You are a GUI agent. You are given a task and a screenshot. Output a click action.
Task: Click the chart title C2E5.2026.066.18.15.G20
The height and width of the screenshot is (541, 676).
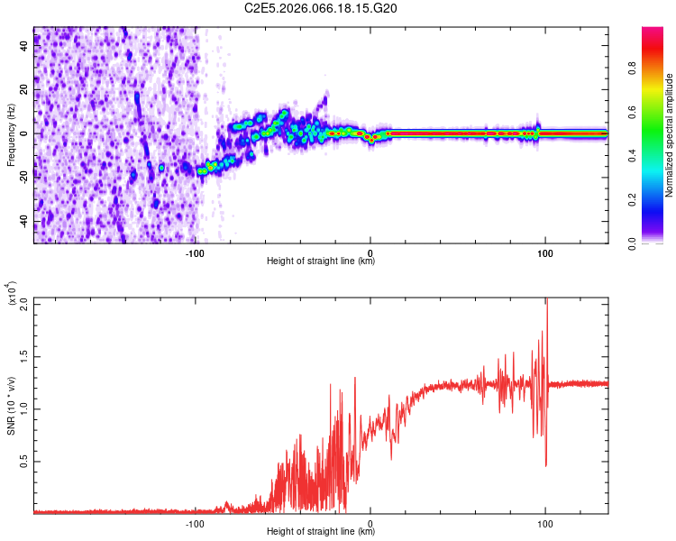[322, 8]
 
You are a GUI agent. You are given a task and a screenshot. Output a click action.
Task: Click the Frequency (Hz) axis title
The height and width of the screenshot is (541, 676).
[10, 134]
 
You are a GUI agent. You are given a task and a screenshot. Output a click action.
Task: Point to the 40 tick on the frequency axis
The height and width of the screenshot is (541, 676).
[24, 46]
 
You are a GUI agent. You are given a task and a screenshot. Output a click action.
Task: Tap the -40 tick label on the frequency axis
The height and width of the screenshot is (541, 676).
[23, 222]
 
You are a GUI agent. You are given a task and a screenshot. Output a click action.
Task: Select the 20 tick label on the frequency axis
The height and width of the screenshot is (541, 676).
[24, 90]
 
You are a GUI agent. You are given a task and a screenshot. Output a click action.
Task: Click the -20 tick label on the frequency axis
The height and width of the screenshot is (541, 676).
[23, 178]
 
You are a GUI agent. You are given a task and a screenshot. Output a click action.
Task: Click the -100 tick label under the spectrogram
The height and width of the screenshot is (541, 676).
[196, 253]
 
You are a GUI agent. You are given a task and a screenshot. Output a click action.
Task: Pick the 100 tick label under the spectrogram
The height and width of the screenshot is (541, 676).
[544, 253]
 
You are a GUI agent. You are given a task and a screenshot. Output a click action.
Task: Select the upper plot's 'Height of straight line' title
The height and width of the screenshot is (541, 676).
[321, 262]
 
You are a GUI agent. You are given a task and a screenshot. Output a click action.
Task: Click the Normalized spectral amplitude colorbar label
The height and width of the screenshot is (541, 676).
[670, 134]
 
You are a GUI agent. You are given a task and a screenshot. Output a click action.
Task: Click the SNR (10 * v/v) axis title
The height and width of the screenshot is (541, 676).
[12, 406]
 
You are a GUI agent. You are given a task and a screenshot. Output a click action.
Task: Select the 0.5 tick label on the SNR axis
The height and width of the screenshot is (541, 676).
[24, 461]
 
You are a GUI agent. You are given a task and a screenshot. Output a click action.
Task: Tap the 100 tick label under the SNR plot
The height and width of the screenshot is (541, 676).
[544, 524]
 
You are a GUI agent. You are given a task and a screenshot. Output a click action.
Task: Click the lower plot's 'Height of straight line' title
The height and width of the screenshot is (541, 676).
[321, 533]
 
